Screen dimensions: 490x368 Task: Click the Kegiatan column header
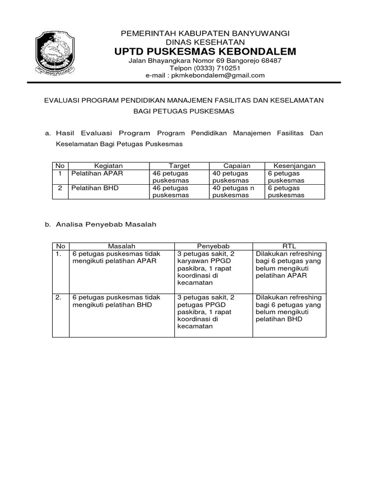[108, 166]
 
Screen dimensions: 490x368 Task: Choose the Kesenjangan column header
[294, 166]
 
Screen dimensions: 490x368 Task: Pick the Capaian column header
[237, 166]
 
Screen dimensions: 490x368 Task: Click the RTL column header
[290, 246]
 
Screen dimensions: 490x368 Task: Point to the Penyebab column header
[214, 246]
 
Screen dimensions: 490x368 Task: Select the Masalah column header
[121, 246]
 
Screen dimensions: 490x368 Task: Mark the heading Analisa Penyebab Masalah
[106, 224]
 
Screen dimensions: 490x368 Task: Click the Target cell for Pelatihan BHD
[170, 191]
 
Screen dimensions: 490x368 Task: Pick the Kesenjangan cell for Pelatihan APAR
[286, 177]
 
